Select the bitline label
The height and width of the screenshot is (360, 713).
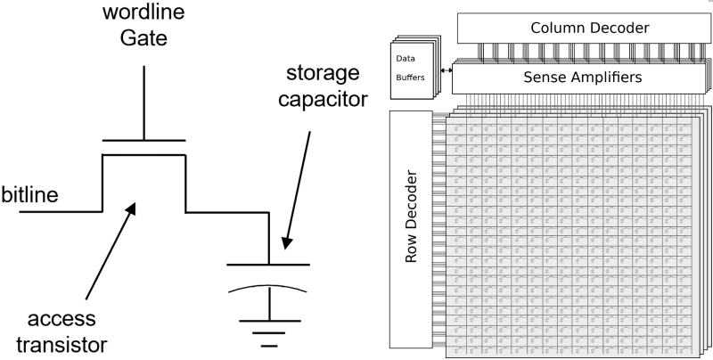tap(31, 193)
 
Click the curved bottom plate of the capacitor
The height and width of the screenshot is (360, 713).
tap(267, 290)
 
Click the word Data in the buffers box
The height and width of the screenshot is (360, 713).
tap(406, 60)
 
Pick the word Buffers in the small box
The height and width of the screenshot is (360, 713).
tap(409, 78)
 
